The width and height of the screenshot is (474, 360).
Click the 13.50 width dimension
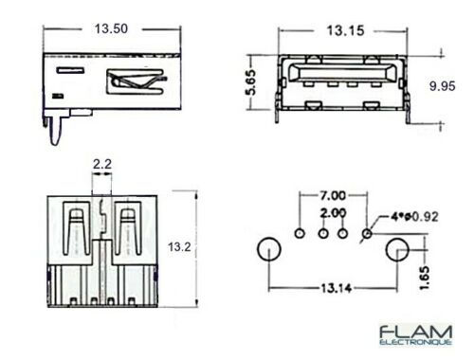pyautogui.click(x=111, y=28)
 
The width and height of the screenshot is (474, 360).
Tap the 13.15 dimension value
pyautogui.click(x=345, y=30)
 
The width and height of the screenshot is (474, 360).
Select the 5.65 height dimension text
pyautogui.click(x=252, y=82)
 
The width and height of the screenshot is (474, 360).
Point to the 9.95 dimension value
pyautogui.click(x=442, y=86)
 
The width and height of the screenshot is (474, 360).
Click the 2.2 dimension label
pyautogui.click(x=102, y=164)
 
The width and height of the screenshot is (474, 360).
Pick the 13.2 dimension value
pyautogui.click(x=179, y=246)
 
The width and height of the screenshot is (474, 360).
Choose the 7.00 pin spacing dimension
pyautogui.click(x=333, y=196)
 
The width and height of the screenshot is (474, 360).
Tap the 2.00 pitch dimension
pyautogui.click(x=333, y=213)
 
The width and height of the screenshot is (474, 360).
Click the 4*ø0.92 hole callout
pyautogui.click(x=414, y=217)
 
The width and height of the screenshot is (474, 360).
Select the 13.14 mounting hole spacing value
pyautogui.click(x=337, y=288)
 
